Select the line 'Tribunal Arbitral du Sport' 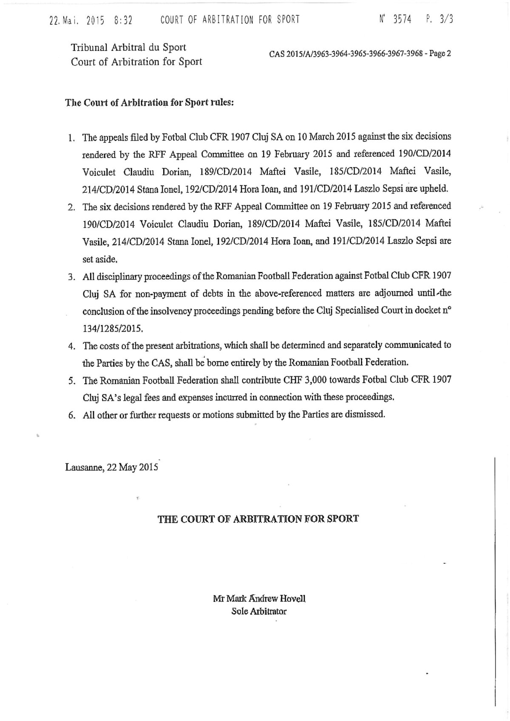(x=128, y=47)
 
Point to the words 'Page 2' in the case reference (x=440, y=54)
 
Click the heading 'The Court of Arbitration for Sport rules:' (x=149, y=103)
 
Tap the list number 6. (x=71, y=415)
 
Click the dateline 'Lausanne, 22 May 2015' (x=112, y=467)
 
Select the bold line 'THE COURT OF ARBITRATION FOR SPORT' (x=258, y=519)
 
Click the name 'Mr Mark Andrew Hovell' (x=259, y=599)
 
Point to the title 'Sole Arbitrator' (x=259, y=611)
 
